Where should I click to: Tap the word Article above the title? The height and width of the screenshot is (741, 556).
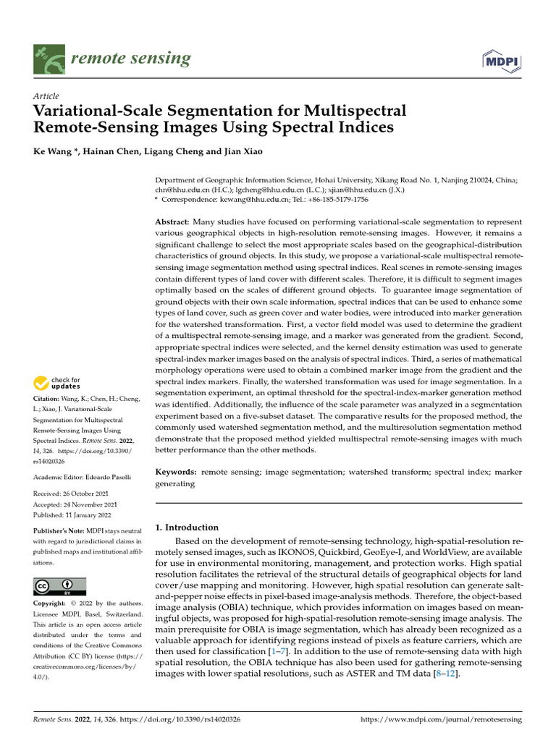pyautogui.click(x=46, y=96)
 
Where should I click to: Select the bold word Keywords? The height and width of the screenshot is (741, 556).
pyautogui.click(x=176, y=472)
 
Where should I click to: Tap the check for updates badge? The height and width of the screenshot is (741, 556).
pyautogui.click(x=57, y=383)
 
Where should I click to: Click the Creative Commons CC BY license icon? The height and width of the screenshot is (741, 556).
pyautogui.click(x=59, y=585)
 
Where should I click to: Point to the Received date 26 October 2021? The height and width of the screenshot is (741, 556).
pyautogui.click(x=87, y=494)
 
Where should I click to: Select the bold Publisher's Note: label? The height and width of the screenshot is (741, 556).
pyautogui.click(x=60, y=530)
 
